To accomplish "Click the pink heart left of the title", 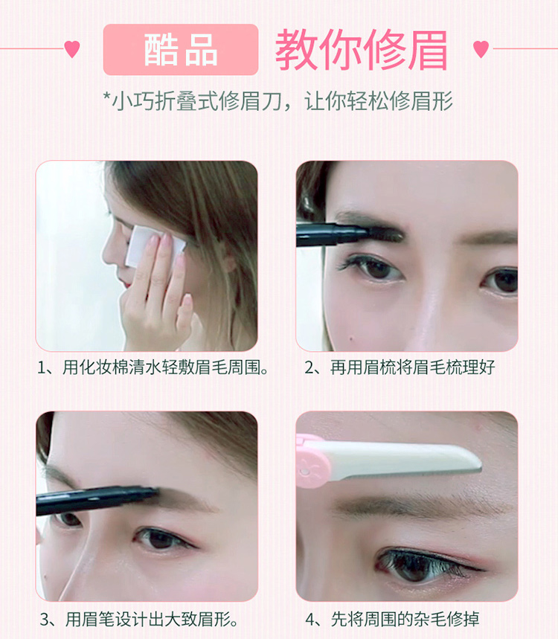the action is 72,49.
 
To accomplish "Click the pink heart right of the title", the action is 481,49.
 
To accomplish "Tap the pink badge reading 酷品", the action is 181,49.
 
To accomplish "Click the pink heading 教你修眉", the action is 362,50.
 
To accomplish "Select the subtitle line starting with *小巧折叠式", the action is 278,100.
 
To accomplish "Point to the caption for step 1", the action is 153,367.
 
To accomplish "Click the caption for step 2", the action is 400,367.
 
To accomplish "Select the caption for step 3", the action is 138,620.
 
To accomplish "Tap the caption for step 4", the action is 392,620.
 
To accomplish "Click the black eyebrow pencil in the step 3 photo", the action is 97,500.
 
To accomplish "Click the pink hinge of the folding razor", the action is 312,463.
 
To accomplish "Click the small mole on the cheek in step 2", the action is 351,338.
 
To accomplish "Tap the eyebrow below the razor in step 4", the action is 420,505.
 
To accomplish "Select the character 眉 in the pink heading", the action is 427,50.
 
